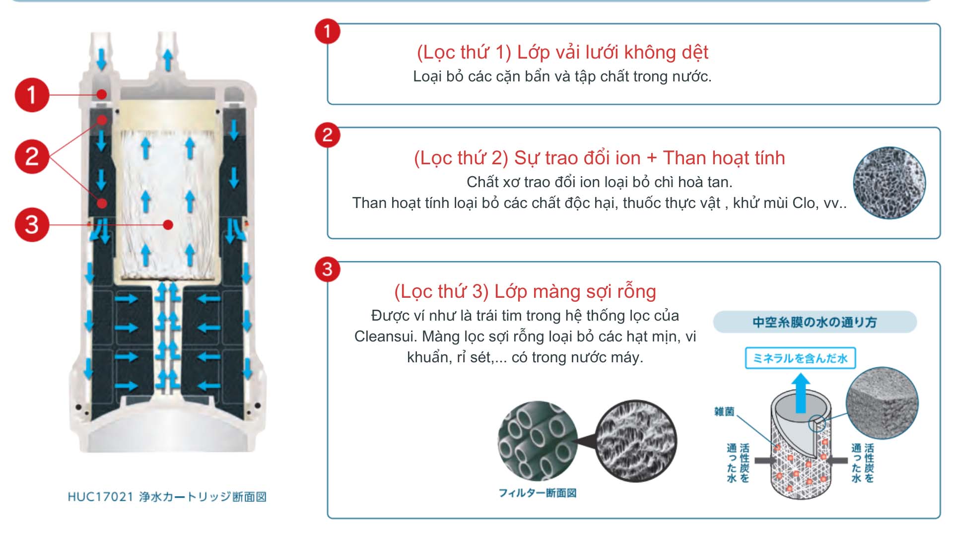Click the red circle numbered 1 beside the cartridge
[32, 94]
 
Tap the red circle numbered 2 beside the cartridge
[32, 157]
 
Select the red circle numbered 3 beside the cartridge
[32, 224]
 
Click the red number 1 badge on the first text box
[327, 31]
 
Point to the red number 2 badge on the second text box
[327, 135]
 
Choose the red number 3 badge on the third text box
[327, 269]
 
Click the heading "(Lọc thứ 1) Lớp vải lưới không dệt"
[562, 52]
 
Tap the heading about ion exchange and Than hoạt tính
[600, 158]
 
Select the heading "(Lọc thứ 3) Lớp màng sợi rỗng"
[525, 291]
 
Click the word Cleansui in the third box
[386, 336]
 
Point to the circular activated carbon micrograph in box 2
[889, 183]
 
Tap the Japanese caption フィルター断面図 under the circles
[538, 493]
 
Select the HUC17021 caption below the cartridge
[167, 497]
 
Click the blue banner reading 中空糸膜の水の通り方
[815, 322]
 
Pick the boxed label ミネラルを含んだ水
[800, 358]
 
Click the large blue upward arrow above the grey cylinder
[801, 393]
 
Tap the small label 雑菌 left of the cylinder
[724, 411]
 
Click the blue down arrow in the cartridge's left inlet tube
[101, 59]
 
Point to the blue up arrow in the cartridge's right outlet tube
[168, 60]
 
